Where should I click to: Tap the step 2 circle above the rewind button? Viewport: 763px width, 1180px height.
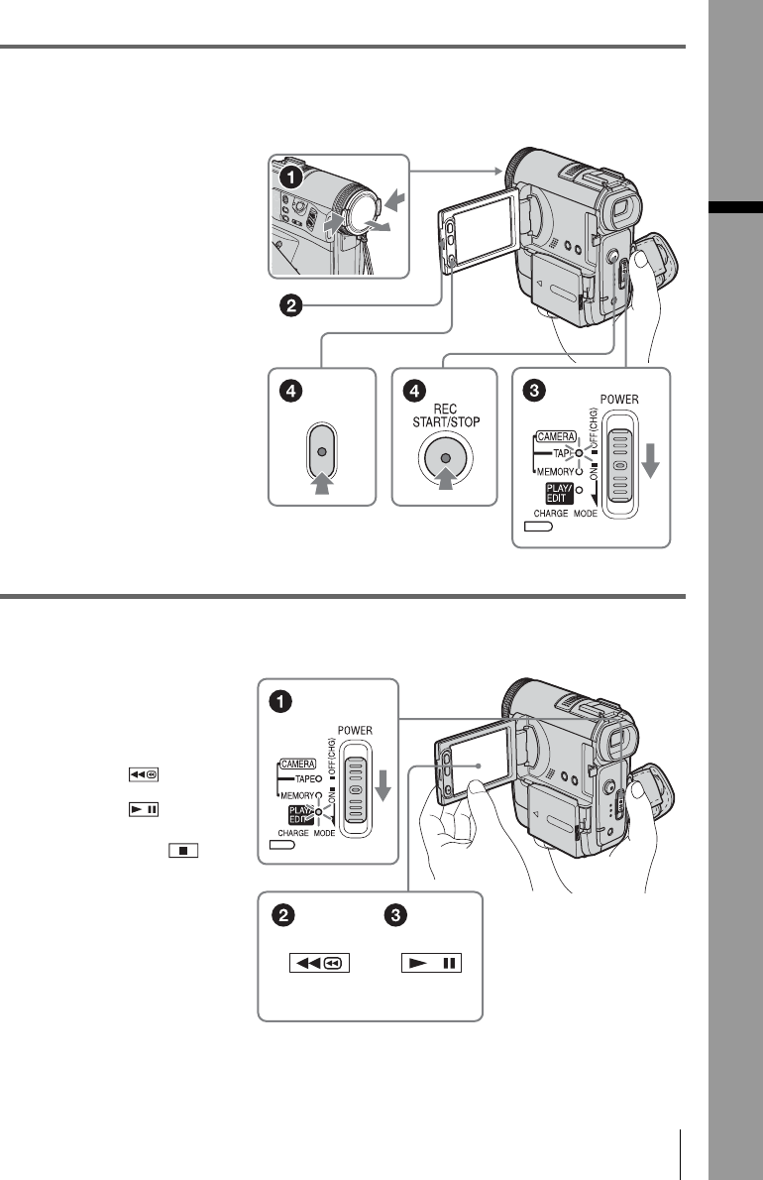coord(282,917)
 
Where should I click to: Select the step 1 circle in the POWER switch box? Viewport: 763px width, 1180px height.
coord(283,703)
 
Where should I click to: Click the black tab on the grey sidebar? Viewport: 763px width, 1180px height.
coord(735,207)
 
